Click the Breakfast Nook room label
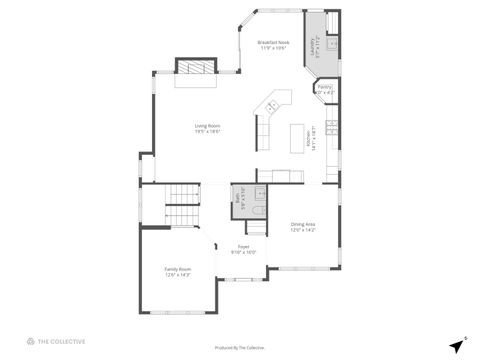pos(273,42)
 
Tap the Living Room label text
pos(207,125)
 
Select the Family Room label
pos(178,269)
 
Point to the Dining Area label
pos(303,223)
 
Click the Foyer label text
pos(244,246)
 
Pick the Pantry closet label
pos(325,87)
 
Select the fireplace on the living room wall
pos(196,67)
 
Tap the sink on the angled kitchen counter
pos(271,104)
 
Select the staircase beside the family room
pos(182,204)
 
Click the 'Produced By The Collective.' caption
pos(240,348)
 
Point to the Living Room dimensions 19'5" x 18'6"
pos(207,131)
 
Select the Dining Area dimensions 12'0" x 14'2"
pos(303,229)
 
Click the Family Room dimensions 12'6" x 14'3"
pos(178,275)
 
